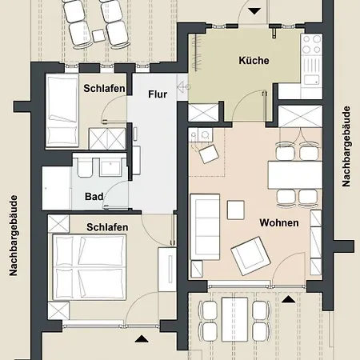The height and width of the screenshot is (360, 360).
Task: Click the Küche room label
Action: (254, 61)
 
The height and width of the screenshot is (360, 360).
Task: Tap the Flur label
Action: (158, 94)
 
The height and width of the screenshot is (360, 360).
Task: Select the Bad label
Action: (94, 197)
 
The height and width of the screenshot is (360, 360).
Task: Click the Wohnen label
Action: (279, 222)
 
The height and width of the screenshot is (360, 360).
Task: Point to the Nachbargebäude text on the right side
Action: (346, 146)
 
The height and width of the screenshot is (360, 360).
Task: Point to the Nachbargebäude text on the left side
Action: (14, 236)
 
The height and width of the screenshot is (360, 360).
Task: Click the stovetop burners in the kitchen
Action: (312, 45)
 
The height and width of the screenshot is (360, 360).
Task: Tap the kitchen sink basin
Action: (312, 80)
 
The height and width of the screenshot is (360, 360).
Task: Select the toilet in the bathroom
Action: (85, 167)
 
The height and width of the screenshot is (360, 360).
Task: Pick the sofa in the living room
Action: (205, 227)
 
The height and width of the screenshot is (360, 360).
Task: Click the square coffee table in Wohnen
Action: (236, 210)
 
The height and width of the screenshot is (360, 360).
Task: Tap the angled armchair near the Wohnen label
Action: (251, 256)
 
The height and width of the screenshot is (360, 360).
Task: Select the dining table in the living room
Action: (295, 174)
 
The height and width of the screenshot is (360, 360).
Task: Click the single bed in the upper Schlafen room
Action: (62, 110)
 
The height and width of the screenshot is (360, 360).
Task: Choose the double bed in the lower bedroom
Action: (90, 267)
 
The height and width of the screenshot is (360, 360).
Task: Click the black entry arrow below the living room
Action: (288, 300)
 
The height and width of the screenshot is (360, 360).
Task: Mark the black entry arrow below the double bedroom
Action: (142, 338)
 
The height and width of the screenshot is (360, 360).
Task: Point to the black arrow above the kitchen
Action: (254, 11)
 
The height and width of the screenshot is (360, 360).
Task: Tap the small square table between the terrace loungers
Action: (98, 35)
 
